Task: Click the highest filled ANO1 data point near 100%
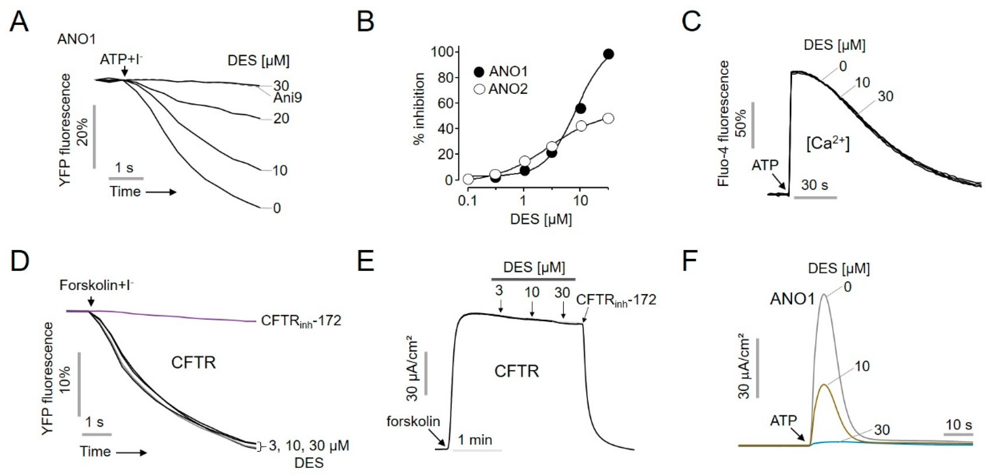pos(608,54)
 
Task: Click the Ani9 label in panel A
pos(287,98)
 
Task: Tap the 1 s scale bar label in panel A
pos(124,168)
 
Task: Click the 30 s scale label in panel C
pos(815,185)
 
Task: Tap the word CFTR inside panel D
pos(194,362)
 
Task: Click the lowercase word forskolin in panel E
pos(413,422)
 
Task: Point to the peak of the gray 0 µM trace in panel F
pos(824,295)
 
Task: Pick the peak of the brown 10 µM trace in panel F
pos(824,384)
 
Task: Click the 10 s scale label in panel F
pos(959,425)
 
